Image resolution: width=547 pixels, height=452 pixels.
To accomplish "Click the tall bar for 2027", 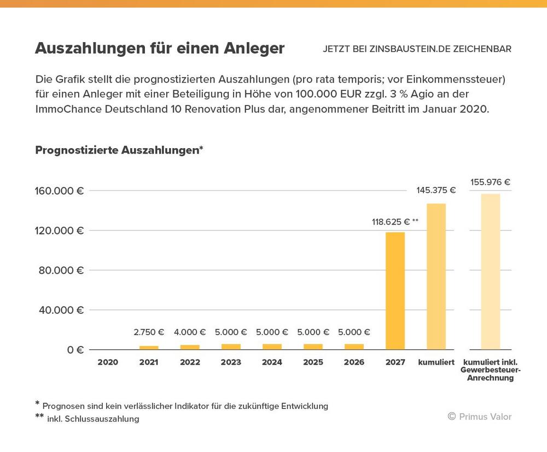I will [395, 291].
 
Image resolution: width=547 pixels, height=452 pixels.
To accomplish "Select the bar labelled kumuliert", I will [436, 277].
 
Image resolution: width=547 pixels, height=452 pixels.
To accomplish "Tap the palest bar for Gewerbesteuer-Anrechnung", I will [490, 272].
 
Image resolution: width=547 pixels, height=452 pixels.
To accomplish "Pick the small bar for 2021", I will [149, 347].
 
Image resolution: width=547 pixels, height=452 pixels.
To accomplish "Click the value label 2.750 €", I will [149, 332].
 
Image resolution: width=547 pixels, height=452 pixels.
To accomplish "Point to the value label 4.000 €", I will [190, 332].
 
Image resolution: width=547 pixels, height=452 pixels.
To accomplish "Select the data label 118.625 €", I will [391, 221].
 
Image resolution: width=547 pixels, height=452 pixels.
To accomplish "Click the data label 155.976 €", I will [490, 182].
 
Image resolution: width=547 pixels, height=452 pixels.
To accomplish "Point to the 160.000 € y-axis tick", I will [60, 191].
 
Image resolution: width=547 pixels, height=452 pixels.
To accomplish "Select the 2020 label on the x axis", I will [108, 362].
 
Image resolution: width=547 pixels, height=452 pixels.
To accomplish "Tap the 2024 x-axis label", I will [272, 362].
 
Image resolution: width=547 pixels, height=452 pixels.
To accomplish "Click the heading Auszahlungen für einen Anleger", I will [160, 48].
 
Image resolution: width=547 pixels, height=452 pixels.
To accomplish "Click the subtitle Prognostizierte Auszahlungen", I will [119, 150].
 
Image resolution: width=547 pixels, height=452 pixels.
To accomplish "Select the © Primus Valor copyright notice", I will [479, 416].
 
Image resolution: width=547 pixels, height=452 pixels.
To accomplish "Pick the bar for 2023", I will [231, 347].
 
